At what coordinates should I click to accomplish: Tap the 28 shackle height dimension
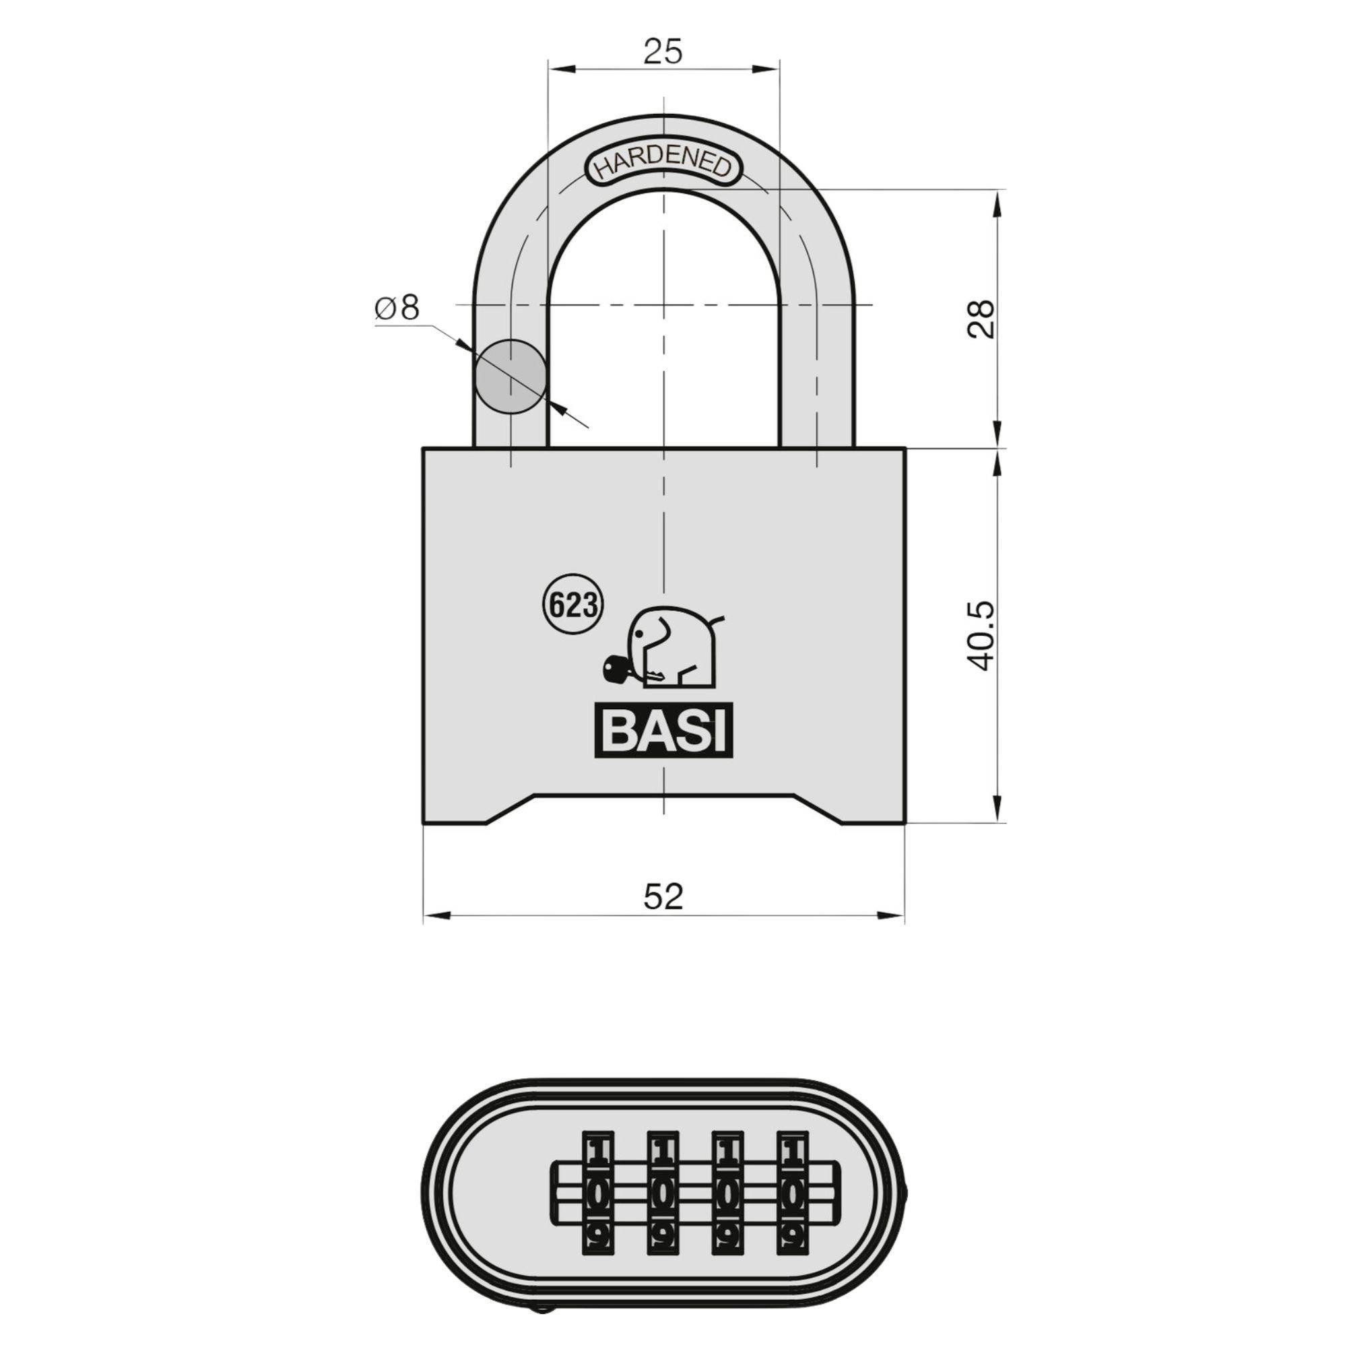[x=983, y=320]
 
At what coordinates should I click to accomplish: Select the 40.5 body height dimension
[x=983, y=636]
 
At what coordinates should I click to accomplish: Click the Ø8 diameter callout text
[x=397, y=308]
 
